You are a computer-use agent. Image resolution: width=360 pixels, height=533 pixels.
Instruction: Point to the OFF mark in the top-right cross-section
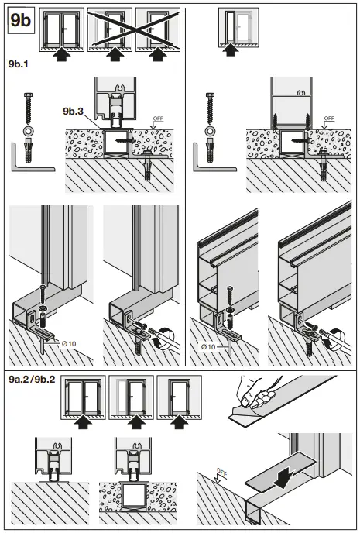point(328,119)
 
